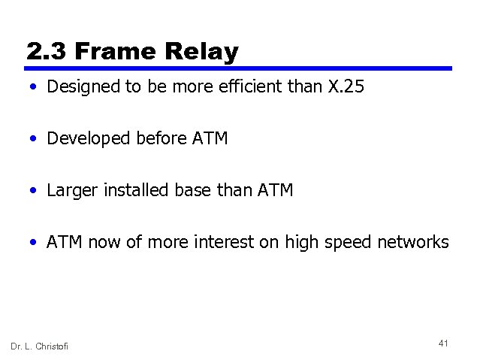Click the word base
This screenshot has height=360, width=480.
192,190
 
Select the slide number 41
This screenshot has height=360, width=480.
443,343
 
